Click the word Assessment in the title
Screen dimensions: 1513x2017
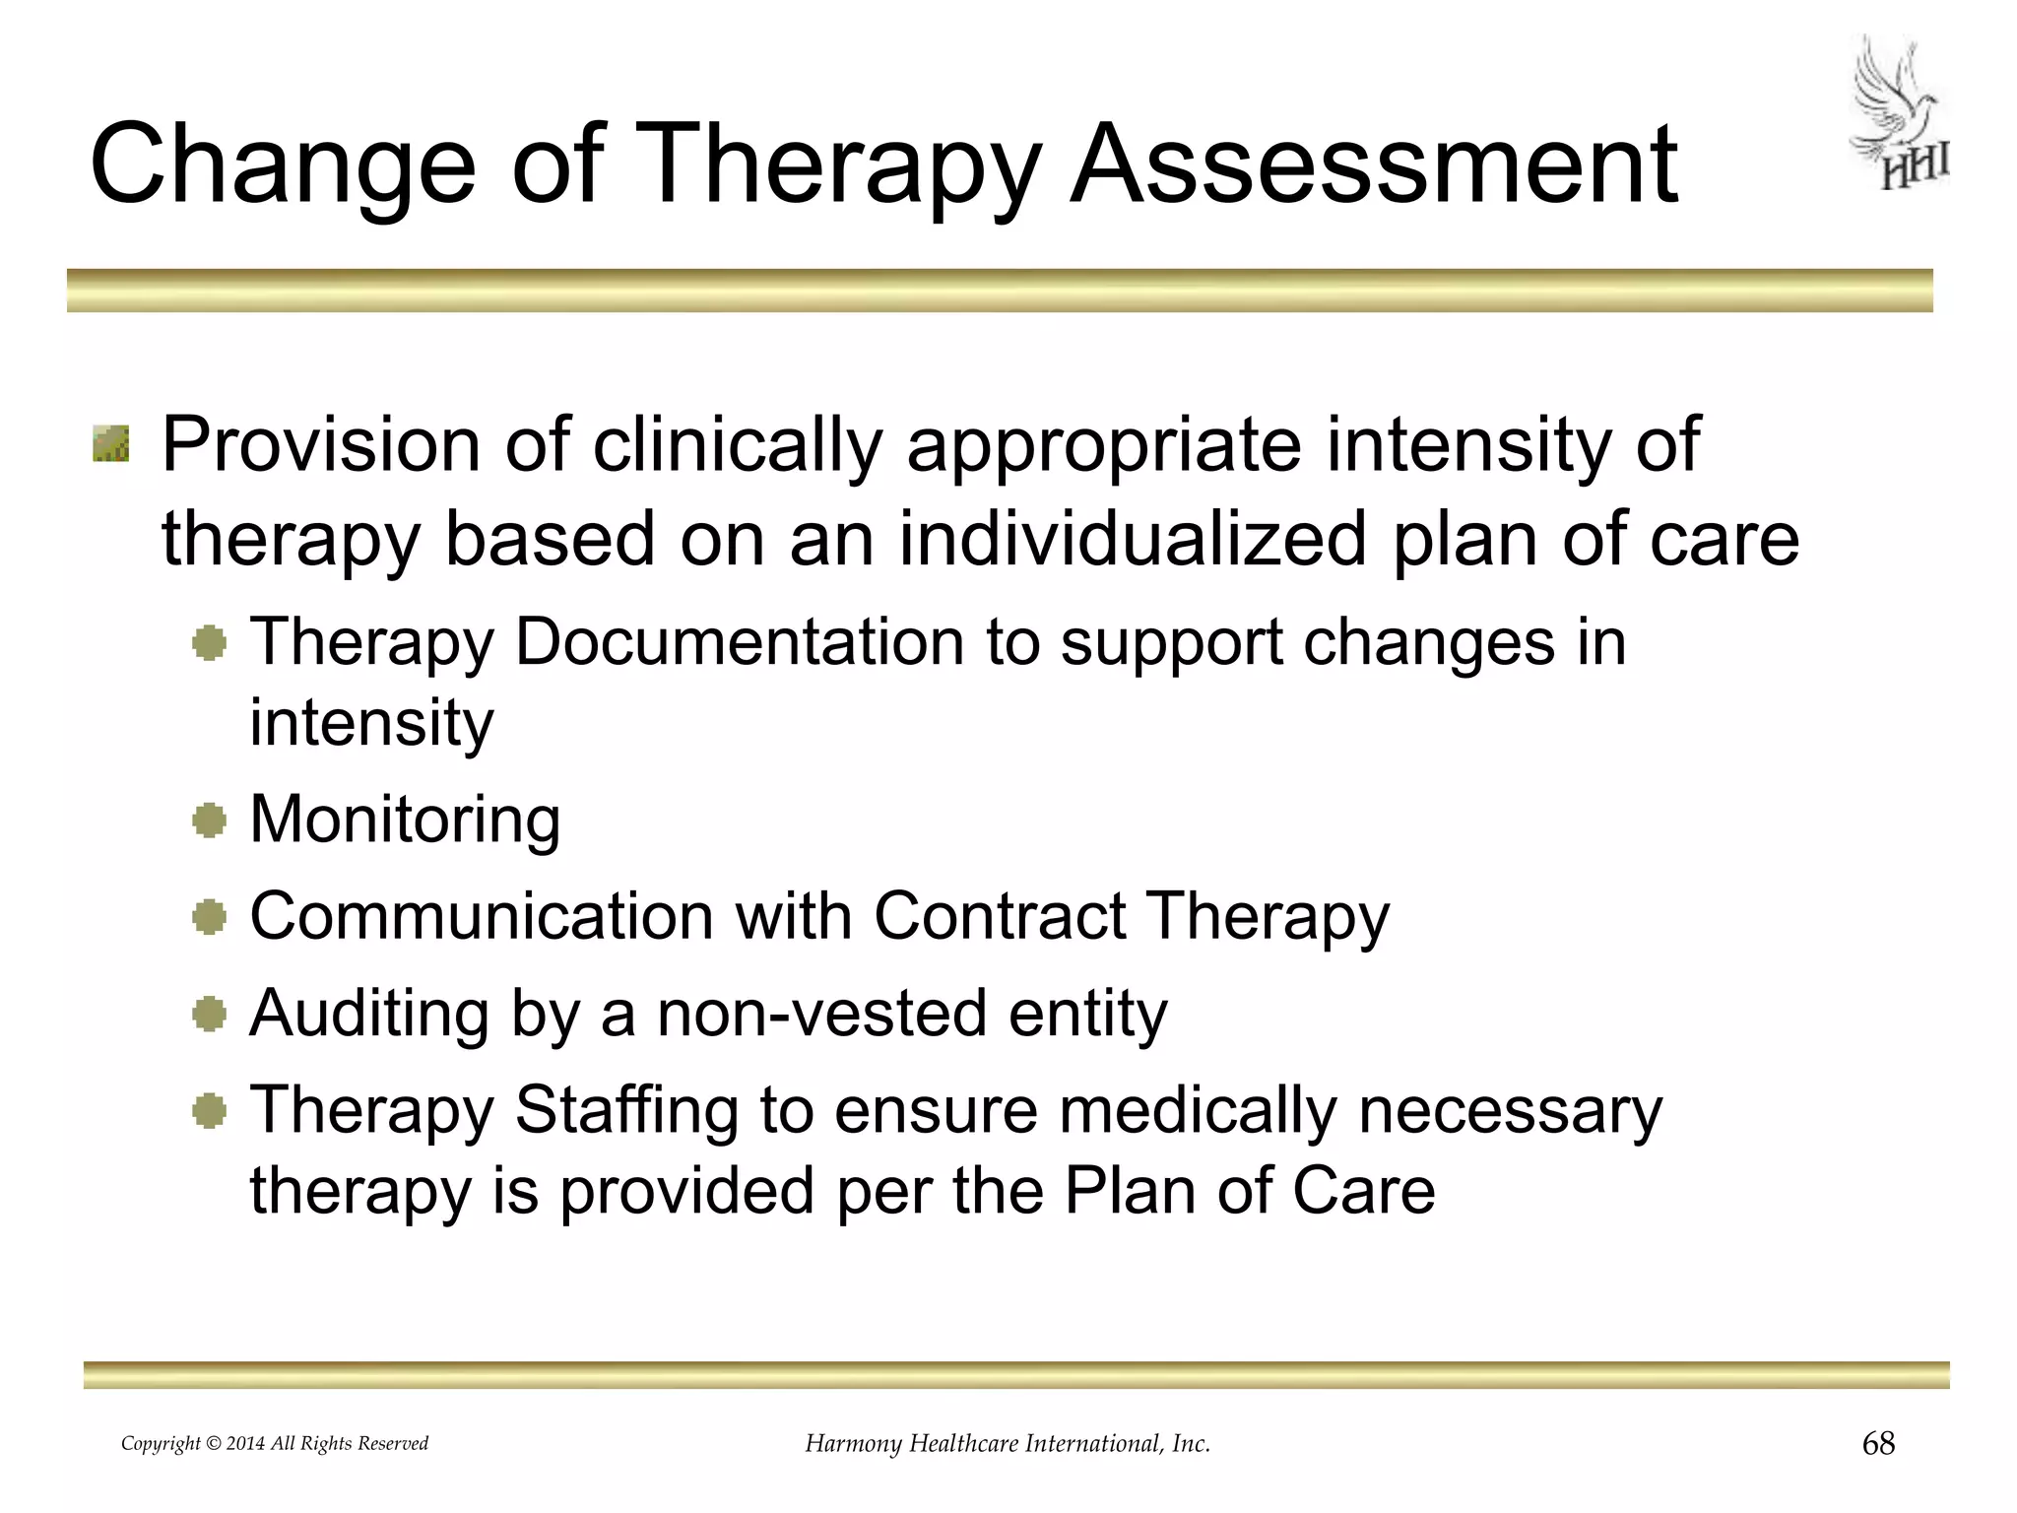tap(1374, 164)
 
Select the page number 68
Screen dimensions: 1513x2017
tap(1878, 1444)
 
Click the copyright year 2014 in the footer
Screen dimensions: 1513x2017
tap(245, 1444)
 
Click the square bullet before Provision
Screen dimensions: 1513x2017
tap(111, 443)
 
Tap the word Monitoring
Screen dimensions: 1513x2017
tap(405, 820)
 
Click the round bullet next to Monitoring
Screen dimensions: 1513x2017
tap(210, 820)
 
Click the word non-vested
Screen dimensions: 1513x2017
tap(822, 1014)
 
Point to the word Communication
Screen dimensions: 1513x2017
tap(482, 916)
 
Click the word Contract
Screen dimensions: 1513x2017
tap(1000, 916)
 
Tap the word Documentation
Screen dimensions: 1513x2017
tap(740, 642)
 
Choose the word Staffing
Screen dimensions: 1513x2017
tap(626, 1110)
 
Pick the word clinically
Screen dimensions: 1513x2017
tap(737, 445)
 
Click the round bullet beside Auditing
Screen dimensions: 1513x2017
tap(210, 1014)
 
